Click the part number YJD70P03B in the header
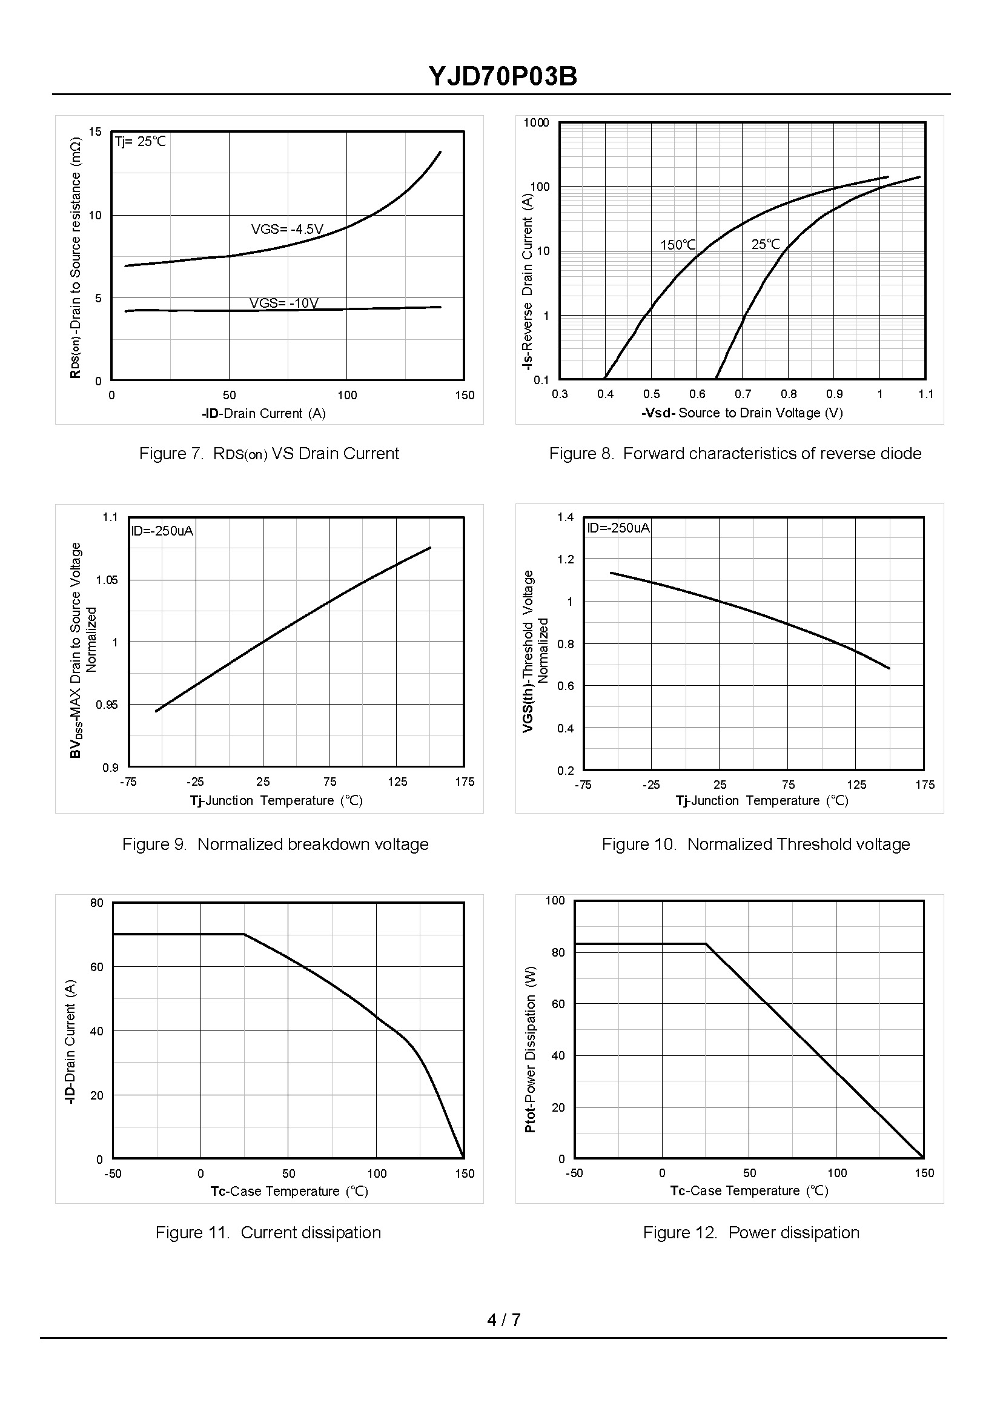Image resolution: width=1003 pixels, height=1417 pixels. [x=503, y=77]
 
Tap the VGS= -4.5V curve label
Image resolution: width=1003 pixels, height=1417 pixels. [x=286, y=229]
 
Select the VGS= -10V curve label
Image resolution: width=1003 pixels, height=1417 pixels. [x=283, y=303]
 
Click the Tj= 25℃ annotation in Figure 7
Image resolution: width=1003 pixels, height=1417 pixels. [x=140, y=141]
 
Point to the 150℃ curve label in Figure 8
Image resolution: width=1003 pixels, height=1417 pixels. [x=678, y=245]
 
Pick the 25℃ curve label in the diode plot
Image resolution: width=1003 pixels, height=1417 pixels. [x=765, y=244]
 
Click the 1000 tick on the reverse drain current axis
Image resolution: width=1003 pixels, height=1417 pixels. [x=535, y=122]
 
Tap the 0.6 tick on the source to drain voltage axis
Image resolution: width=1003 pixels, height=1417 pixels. [x=697, y=394]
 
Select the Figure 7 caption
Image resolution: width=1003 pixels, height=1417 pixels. [x=269, y=453]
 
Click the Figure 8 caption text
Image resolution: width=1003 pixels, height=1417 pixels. [x=735, y=453]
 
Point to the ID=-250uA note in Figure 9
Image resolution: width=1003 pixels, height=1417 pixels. [x=162, y=531]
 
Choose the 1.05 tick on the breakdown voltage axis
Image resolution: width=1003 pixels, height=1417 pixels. [x=106, y=580]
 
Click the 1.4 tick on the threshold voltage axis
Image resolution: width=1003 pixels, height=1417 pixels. [x=565, y=517]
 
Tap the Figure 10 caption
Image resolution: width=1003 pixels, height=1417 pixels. [x=755, y=844]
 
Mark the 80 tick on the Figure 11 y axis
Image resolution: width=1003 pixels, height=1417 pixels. [x=97, y=903]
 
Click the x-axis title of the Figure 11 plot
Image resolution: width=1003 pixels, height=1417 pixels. [x=288, y=1191]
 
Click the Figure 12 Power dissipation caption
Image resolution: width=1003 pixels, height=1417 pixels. [x=750, y=1232]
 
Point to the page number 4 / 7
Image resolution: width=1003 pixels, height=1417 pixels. [x=503, y=1320]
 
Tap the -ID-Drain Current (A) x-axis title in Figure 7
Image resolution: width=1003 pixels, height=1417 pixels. [x=263, y=413]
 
